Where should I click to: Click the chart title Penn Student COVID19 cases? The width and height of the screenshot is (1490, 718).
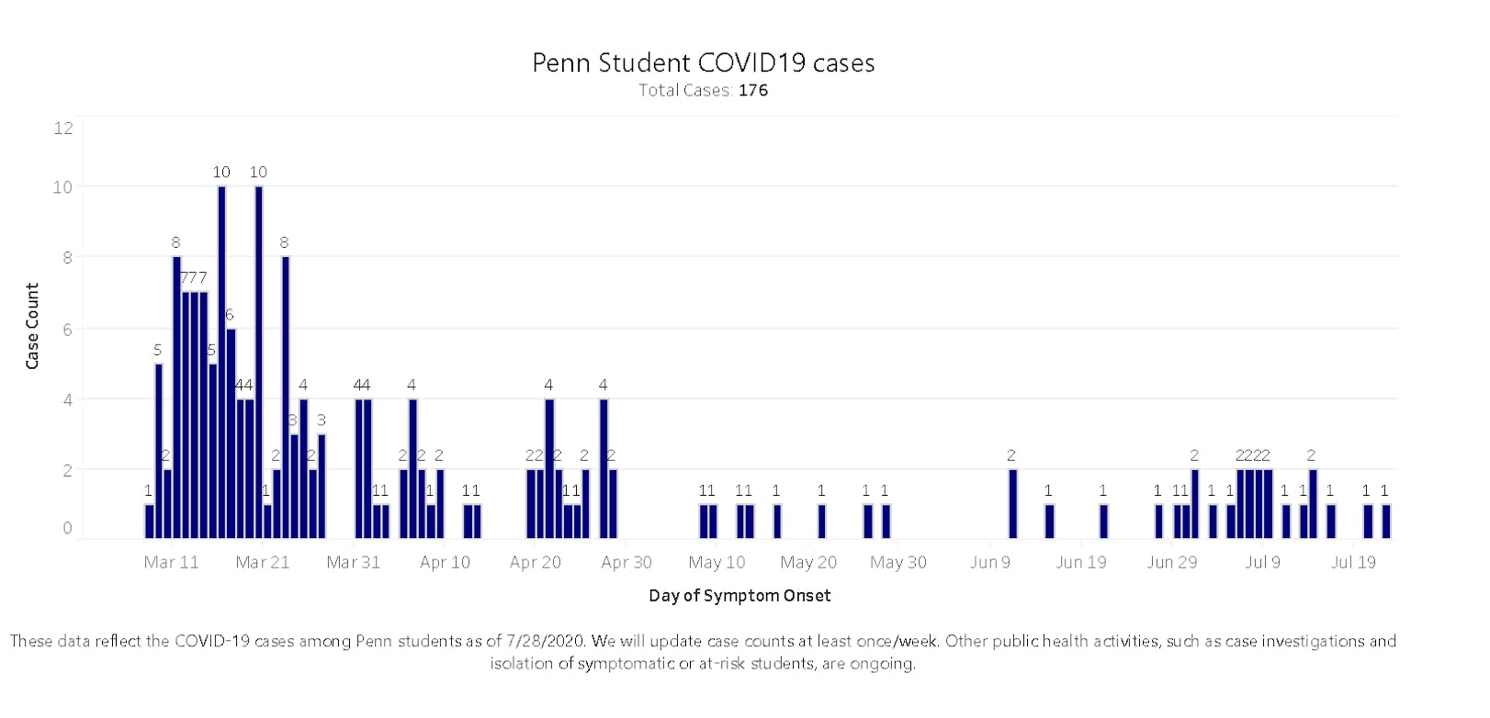pyautogui.click(x=703, y=62)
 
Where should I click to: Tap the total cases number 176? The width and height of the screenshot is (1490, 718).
pyautogui.click(x=752, y=90)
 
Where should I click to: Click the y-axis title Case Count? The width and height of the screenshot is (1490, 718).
pyautogui.click(x=32, y=326)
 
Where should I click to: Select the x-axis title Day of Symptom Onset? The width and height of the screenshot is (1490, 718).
pyautogui.click(x=739, y=595)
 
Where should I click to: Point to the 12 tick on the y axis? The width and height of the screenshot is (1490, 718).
pyautogui.click(x=63, y=128)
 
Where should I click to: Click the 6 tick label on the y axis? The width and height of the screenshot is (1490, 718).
pyautogui.click(x=67, y=329)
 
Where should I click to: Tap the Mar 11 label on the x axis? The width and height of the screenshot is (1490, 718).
pyautogui.click(x=171, y=562)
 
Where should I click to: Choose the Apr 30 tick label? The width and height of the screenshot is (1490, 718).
pyautogui.click(x=626, y=562)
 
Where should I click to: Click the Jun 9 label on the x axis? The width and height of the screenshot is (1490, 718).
pyautogui.click(x=989, y=562)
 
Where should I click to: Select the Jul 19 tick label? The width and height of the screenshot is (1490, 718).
pyautogui.click(x=1353, y=562)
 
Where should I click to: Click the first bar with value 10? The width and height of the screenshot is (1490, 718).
pyautogui.click(x=221, y=362)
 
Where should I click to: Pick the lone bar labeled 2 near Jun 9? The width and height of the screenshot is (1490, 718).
pyautogui.click(x=1012, y=503)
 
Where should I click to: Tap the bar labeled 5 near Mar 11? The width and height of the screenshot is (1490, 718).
pyautogui.click(x=158, y=450)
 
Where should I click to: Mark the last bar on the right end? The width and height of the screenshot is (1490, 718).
pyautogui.click(x=1385, y=521)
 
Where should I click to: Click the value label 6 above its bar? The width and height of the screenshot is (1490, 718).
pyautogui.click(x=230, y=314)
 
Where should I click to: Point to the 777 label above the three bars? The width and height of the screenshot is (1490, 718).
pyautogui.click(x=194, y=277)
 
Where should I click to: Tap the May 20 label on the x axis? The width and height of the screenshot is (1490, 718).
pyautogui.click(x=808, y=562)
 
